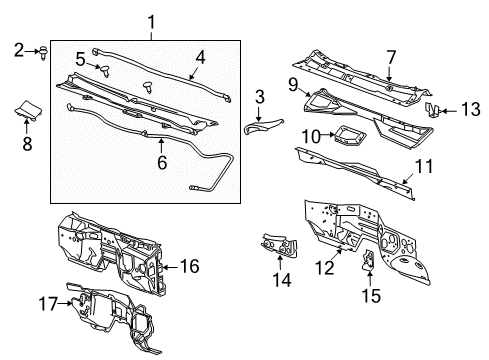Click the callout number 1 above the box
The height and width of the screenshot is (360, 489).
point(152,21)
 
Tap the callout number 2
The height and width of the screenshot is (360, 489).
point(19,49)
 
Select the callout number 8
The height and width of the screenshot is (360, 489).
point(27,142)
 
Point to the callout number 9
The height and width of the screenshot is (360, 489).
point(294,85)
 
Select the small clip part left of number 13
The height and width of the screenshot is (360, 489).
point(433,108)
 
